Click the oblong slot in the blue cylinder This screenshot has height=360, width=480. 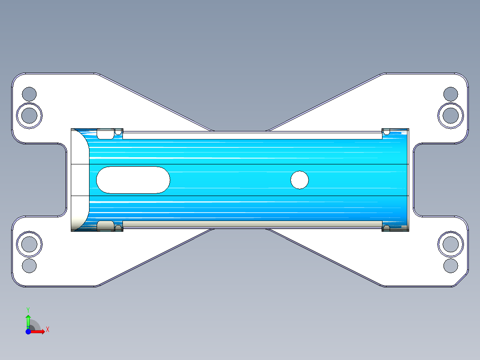[x=133, y=180]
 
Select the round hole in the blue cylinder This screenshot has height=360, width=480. [x=300, y=180]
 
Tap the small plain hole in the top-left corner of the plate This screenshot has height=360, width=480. [x=29, y=94]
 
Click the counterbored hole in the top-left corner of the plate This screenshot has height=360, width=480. [x=29, y=115]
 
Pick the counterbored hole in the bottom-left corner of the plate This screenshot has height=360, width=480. [x=29, y=244]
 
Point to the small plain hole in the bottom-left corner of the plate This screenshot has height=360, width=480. [x=29, y=266]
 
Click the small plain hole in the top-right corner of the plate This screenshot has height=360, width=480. [x=451, y=94]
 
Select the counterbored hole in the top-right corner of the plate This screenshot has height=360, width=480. [x=451, y=115]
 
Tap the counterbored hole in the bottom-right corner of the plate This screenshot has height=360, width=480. [x=451, y=244]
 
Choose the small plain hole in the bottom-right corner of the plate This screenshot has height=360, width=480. [x=451, y=266]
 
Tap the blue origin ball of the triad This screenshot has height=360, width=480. [x=28, y=331]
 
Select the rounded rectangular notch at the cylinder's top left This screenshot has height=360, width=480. [x=105, y=134]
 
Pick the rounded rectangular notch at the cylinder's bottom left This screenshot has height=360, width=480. [x=105, y=226]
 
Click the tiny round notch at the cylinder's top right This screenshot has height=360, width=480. [x=386, y=132]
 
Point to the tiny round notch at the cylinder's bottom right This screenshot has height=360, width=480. [x=386, y=228]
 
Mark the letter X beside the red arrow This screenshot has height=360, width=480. [x=47, y=330]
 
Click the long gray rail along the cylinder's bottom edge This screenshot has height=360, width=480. [x=252, y=224]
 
